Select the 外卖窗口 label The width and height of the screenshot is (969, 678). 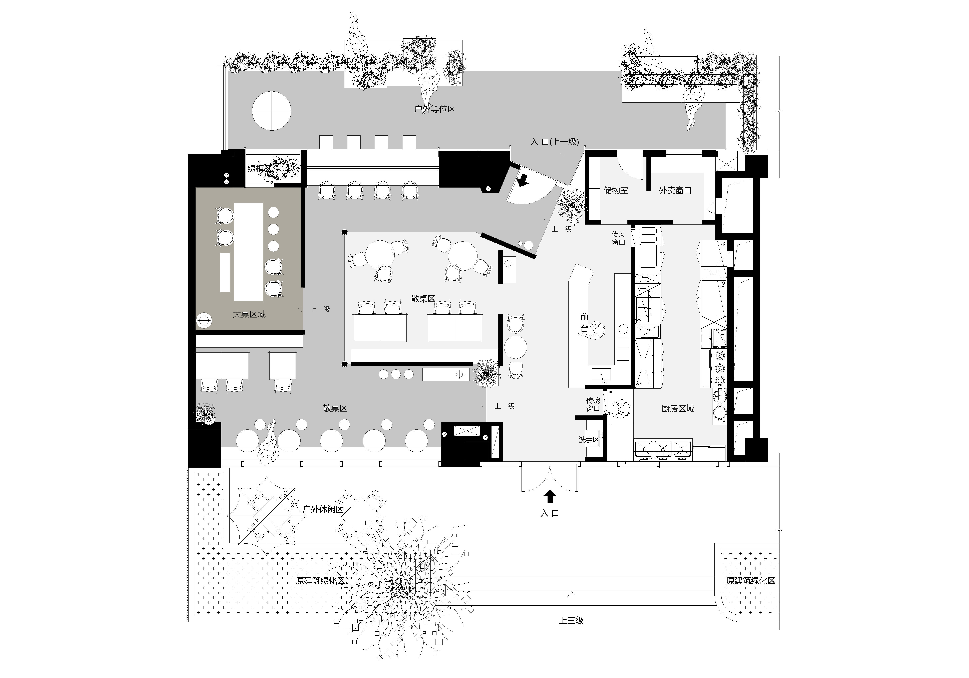[x=675, y=190]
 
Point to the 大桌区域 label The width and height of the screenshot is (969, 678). [x=249, y=314]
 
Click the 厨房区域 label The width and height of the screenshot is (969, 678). [x=678, y=408]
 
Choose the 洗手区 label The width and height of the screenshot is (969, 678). [x=589, y=440]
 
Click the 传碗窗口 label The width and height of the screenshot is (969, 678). [x=593, y=404]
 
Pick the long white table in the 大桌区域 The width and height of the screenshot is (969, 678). [x=249, y=252]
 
